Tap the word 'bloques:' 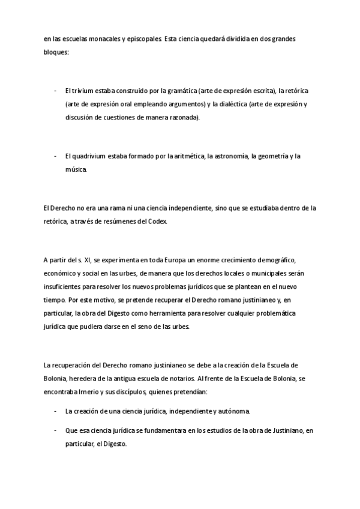[x=56, y=52]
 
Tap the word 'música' [x=77, y=170]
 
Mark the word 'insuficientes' [x=63, y=286]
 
